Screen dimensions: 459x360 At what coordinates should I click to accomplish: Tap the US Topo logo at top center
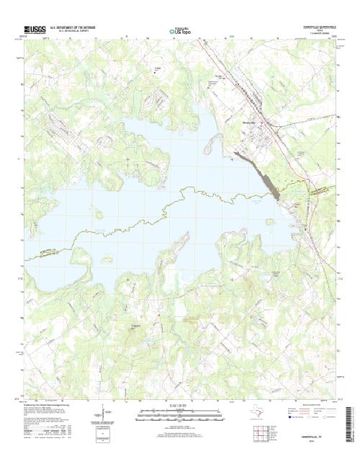point(180,32)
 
